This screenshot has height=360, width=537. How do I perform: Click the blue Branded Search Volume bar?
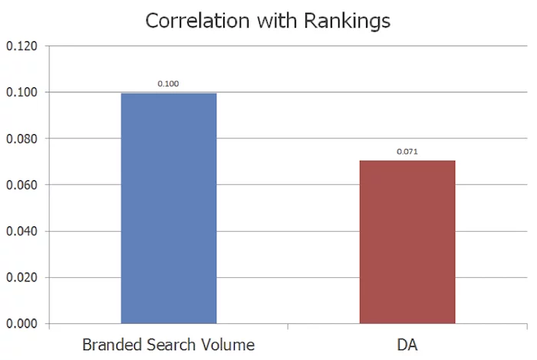point(169,208)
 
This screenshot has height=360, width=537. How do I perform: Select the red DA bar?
point(407,242)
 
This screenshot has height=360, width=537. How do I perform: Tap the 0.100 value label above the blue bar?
point(169,83)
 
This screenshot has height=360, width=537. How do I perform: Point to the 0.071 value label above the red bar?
point(407,151)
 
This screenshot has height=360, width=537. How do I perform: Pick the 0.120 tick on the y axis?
point(21,46)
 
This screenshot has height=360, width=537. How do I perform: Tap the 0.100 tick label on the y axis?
point(21,92)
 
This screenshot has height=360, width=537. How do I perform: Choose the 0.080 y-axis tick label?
point(21,139)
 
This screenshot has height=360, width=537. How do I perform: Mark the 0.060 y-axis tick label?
point(21,185)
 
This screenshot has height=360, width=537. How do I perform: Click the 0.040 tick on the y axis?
point(21,231)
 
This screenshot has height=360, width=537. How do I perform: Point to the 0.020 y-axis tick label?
point(21,277)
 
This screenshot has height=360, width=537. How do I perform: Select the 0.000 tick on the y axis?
point(21,324)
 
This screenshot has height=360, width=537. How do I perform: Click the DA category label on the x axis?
point(407,342)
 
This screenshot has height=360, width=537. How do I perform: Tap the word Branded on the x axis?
point(110,342)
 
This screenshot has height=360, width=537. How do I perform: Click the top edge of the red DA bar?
point(407,161)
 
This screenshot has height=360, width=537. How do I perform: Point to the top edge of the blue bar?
point(169,94)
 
